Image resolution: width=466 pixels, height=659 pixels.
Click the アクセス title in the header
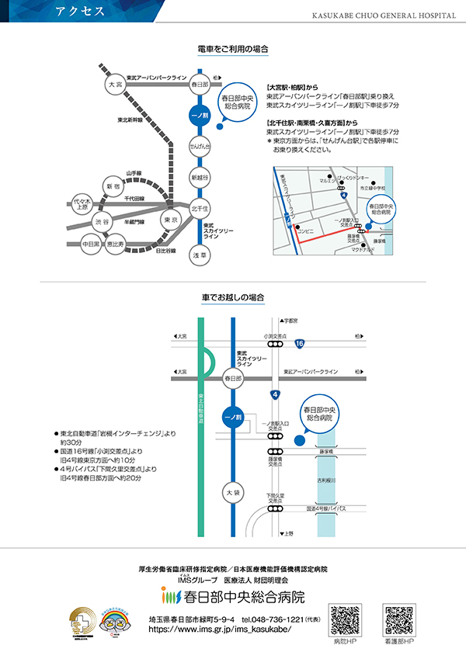77,11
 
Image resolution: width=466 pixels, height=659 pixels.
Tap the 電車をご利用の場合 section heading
233,49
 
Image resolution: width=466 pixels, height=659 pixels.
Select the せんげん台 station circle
200,146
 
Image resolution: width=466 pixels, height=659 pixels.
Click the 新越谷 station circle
200,178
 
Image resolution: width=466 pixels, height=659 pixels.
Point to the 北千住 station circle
200,209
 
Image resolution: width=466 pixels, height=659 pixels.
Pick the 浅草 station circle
200,255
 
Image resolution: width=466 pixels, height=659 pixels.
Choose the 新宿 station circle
113,187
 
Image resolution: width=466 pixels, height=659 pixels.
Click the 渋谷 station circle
103,222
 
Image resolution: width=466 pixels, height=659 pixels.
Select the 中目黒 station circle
92,245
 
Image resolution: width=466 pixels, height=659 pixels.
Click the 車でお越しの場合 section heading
233,297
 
